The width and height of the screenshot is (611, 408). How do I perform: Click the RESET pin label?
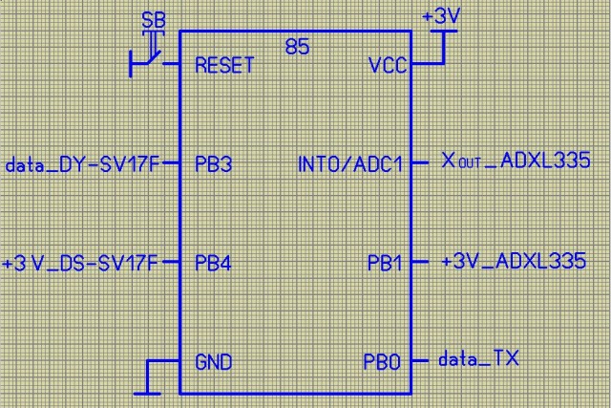click(223, 65)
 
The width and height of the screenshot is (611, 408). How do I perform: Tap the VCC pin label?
click(387, 65)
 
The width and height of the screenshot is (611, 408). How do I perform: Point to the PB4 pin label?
click(212, 261)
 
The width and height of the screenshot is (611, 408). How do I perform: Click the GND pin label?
click(213, 363)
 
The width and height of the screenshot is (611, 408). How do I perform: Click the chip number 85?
click(297, 46)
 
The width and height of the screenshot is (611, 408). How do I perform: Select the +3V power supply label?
click(440, 15)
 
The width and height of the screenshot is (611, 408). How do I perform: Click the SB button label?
click(152, 19)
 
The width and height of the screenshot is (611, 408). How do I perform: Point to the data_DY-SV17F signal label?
click(81, 163)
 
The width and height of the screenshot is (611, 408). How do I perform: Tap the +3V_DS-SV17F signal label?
click(80, 261)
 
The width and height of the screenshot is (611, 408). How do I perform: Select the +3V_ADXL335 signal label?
click(513, 260)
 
